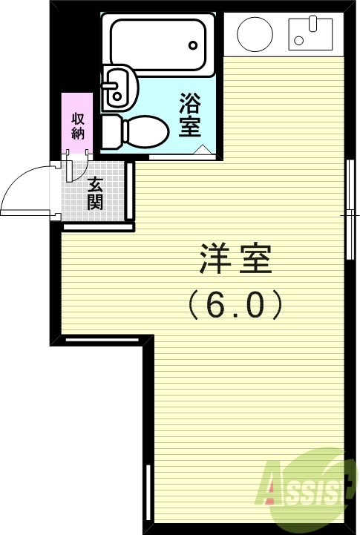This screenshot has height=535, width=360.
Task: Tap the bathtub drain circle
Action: coord(193,45)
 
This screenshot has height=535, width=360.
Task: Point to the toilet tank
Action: coord(110,131)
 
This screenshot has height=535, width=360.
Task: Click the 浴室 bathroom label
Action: coord(190,114)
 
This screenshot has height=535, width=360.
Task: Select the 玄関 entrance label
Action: coord(94,194)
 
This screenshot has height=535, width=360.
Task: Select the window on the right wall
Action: coord(348,209)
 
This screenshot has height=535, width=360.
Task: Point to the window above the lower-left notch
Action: coord(102,339)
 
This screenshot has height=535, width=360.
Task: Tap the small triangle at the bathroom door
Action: coord(201,151)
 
